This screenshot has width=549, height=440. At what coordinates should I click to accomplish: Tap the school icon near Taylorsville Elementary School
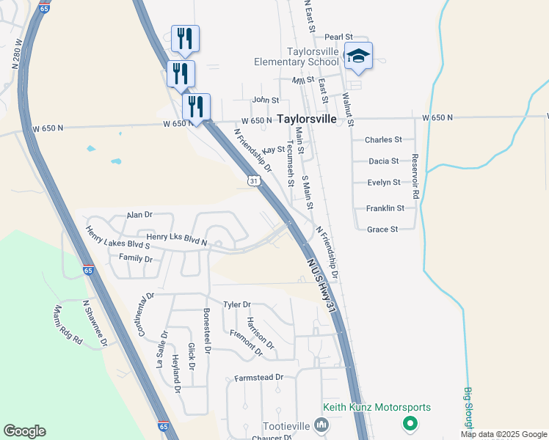[x=358, y=56]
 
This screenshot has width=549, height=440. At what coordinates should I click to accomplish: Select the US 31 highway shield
[x=254, y=180]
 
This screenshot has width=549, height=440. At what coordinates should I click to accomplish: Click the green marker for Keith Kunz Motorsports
[x=410, y=424]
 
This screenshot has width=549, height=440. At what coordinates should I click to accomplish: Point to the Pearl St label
[x=339, y=37]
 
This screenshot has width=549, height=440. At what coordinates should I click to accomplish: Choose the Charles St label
[x=383, y=139]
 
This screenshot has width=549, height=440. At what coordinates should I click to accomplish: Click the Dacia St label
[x=383, y=161]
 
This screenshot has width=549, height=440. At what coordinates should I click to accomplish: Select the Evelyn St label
[x=383, y=183]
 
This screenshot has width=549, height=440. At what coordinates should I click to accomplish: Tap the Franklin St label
[x=385, y=208]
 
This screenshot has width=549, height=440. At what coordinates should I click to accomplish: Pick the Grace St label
[x=382, y=230]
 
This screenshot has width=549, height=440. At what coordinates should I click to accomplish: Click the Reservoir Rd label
[x=415, y=176]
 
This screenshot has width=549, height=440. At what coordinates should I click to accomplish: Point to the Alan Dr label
[x=139, y=215]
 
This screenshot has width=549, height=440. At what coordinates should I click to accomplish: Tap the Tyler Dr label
[x=237, y=304]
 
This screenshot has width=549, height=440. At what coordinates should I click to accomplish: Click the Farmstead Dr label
[x=258, y=378]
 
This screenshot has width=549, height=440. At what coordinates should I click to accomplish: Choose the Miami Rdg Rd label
[x=67, y=326]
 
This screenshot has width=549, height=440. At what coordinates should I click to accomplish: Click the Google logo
[x=24, y=431]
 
